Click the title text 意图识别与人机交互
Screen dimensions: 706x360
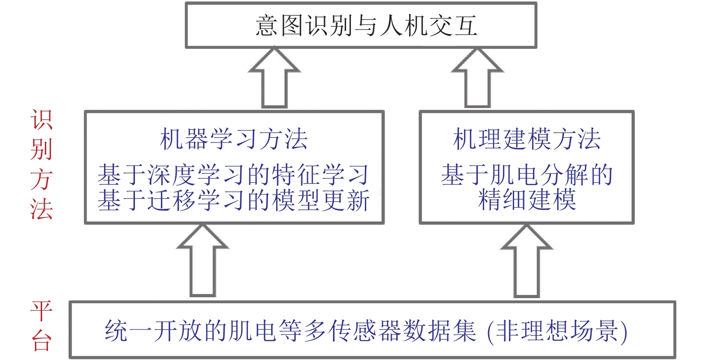tap(366, 26)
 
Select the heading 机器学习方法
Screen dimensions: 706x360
tap(234, 139)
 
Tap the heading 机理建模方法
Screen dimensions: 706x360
tap(527, 139)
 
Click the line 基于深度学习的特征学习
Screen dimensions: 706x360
tap(234, 174)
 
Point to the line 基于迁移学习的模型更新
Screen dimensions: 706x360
tap(234, 200)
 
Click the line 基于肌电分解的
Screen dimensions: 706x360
tap(527, 174)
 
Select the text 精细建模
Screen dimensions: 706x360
tap(527, 200)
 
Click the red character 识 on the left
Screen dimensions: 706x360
tap(41, 120)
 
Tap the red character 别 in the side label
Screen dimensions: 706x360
tap(41, 149)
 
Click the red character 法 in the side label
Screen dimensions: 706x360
tap(41, 208)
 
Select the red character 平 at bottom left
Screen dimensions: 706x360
tap(41, 311)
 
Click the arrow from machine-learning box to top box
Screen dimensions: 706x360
tap(274, 78)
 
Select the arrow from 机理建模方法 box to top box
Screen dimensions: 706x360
tap(477, 78)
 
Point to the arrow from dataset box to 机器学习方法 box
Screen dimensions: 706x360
tap(203, 260)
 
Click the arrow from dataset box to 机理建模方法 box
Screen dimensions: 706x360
tap(526, 261)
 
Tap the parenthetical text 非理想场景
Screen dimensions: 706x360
tap(557, 331)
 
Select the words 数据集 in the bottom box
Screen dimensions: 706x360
tap(439, 331)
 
